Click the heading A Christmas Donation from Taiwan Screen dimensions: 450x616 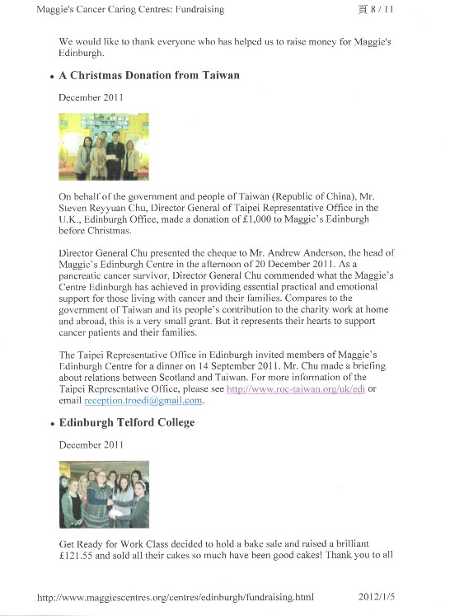click(149, 76)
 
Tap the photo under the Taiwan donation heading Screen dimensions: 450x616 click(104, 147)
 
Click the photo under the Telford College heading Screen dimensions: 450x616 click(104, 494)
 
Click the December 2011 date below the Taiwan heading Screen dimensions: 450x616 click(91, 97)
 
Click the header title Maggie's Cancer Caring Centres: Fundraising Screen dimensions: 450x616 click(130, 10)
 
